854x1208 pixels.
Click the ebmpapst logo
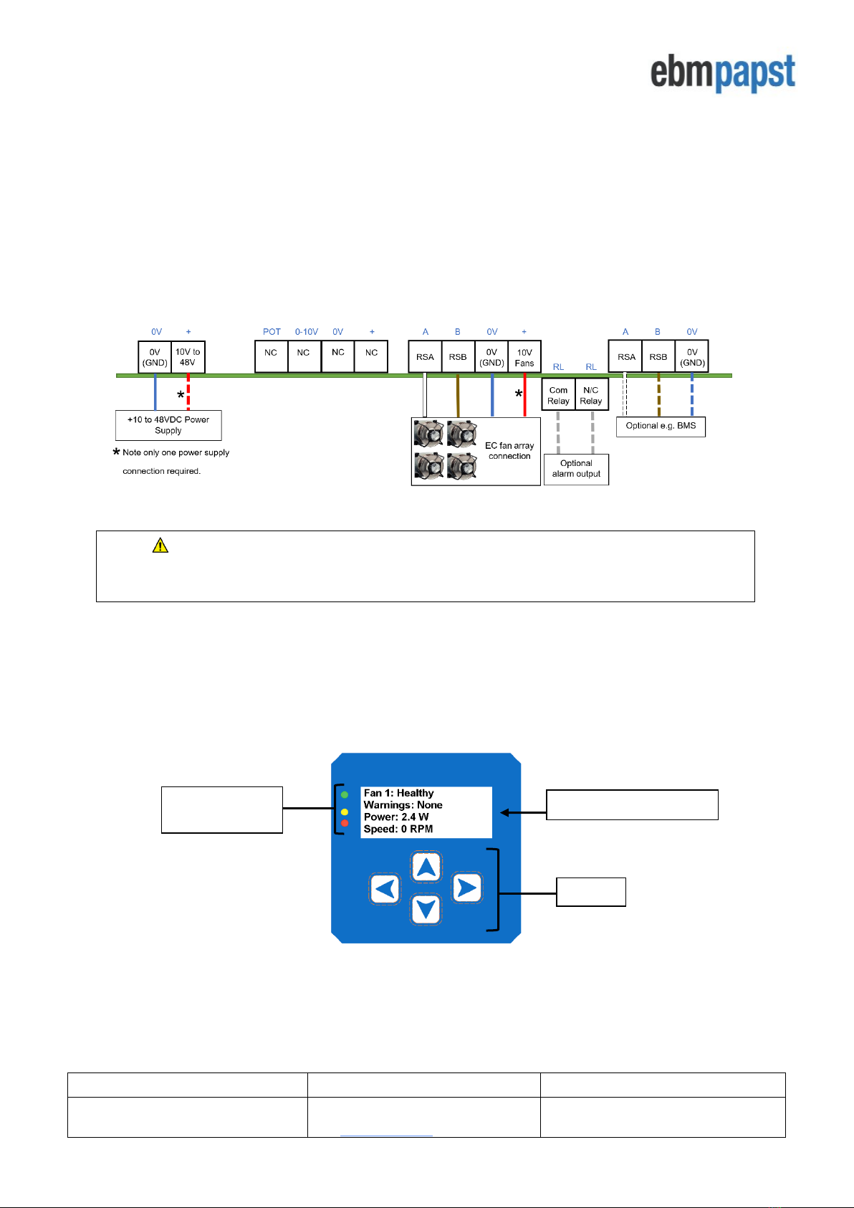(722, 72)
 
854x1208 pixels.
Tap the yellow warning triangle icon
(160, 546)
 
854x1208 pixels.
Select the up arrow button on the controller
(426, 867)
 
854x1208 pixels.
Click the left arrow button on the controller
(385, 889)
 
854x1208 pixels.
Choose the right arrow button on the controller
(467, 888)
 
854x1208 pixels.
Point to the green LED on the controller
(345, 795)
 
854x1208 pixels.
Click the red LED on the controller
(345, 824)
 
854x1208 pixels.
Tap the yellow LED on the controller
(345, 812)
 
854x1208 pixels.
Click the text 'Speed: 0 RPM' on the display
(398, 829)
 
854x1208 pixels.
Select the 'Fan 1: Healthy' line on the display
(398, 793)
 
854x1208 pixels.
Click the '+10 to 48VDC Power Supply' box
(168, 425)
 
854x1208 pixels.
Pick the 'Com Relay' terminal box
(558, 396)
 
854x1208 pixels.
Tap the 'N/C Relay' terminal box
(591, 396)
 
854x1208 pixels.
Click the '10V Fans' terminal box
(524, 357)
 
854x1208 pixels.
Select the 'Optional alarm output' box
(576, 469)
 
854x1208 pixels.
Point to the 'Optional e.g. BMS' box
(661, 426)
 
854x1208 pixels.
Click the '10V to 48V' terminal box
(188, 357)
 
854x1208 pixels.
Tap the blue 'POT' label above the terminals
(272, 332)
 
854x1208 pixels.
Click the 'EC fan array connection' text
(509, 451)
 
